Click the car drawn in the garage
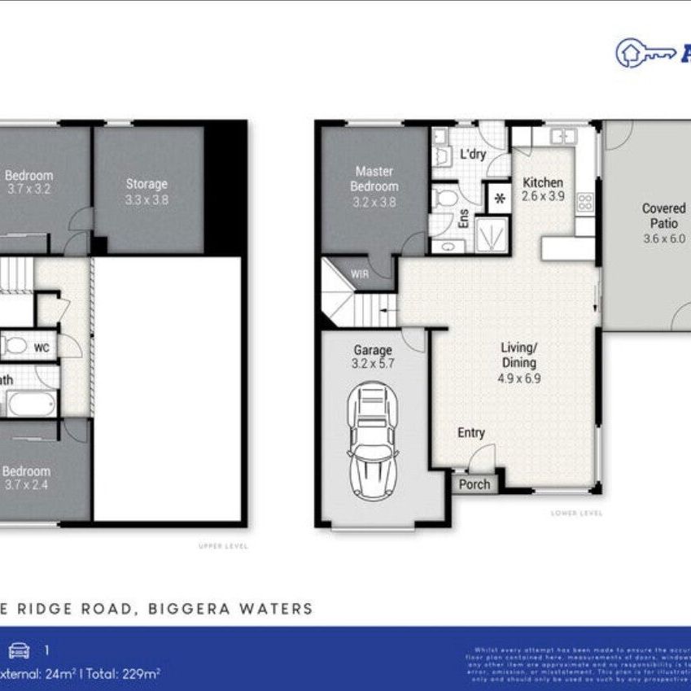click(374, 444)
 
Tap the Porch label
click(475, 484)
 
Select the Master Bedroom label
click(374, 179)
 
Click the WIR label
click(359, 274)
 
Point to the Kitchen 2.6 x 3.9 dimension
click(543, 197)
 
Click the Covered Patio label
click(663, 216)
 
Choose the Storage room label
click(147, 184)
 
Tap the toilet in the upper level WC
click(15, 347)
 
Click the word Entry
click(470, 433)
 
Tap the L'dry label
click(473, 154)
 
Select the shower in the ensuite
click(492, 234)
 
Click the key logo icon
click(643, 51)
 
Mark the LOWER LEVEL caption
click(575, 513)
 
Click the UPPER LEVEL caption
click(223, 546)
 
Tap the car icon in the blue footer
click(17, 649)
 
